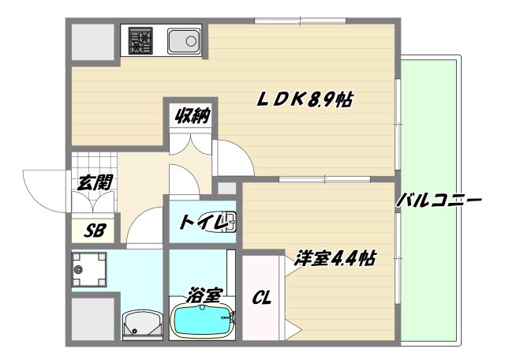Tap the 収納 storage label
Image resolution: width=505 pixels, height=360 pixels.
(x=191, y=116)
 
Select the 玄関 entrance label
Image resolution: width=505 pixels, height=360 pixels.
(x=93, y=182)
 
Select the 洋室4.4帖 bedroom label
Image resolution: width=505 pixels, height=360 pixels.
(x=335, y=258)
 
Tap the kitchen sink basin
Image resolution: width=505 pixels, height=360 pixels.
(x=184, y=39)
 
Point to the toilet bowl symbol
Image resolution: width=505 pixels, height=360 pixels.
(x=230, y=220)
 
